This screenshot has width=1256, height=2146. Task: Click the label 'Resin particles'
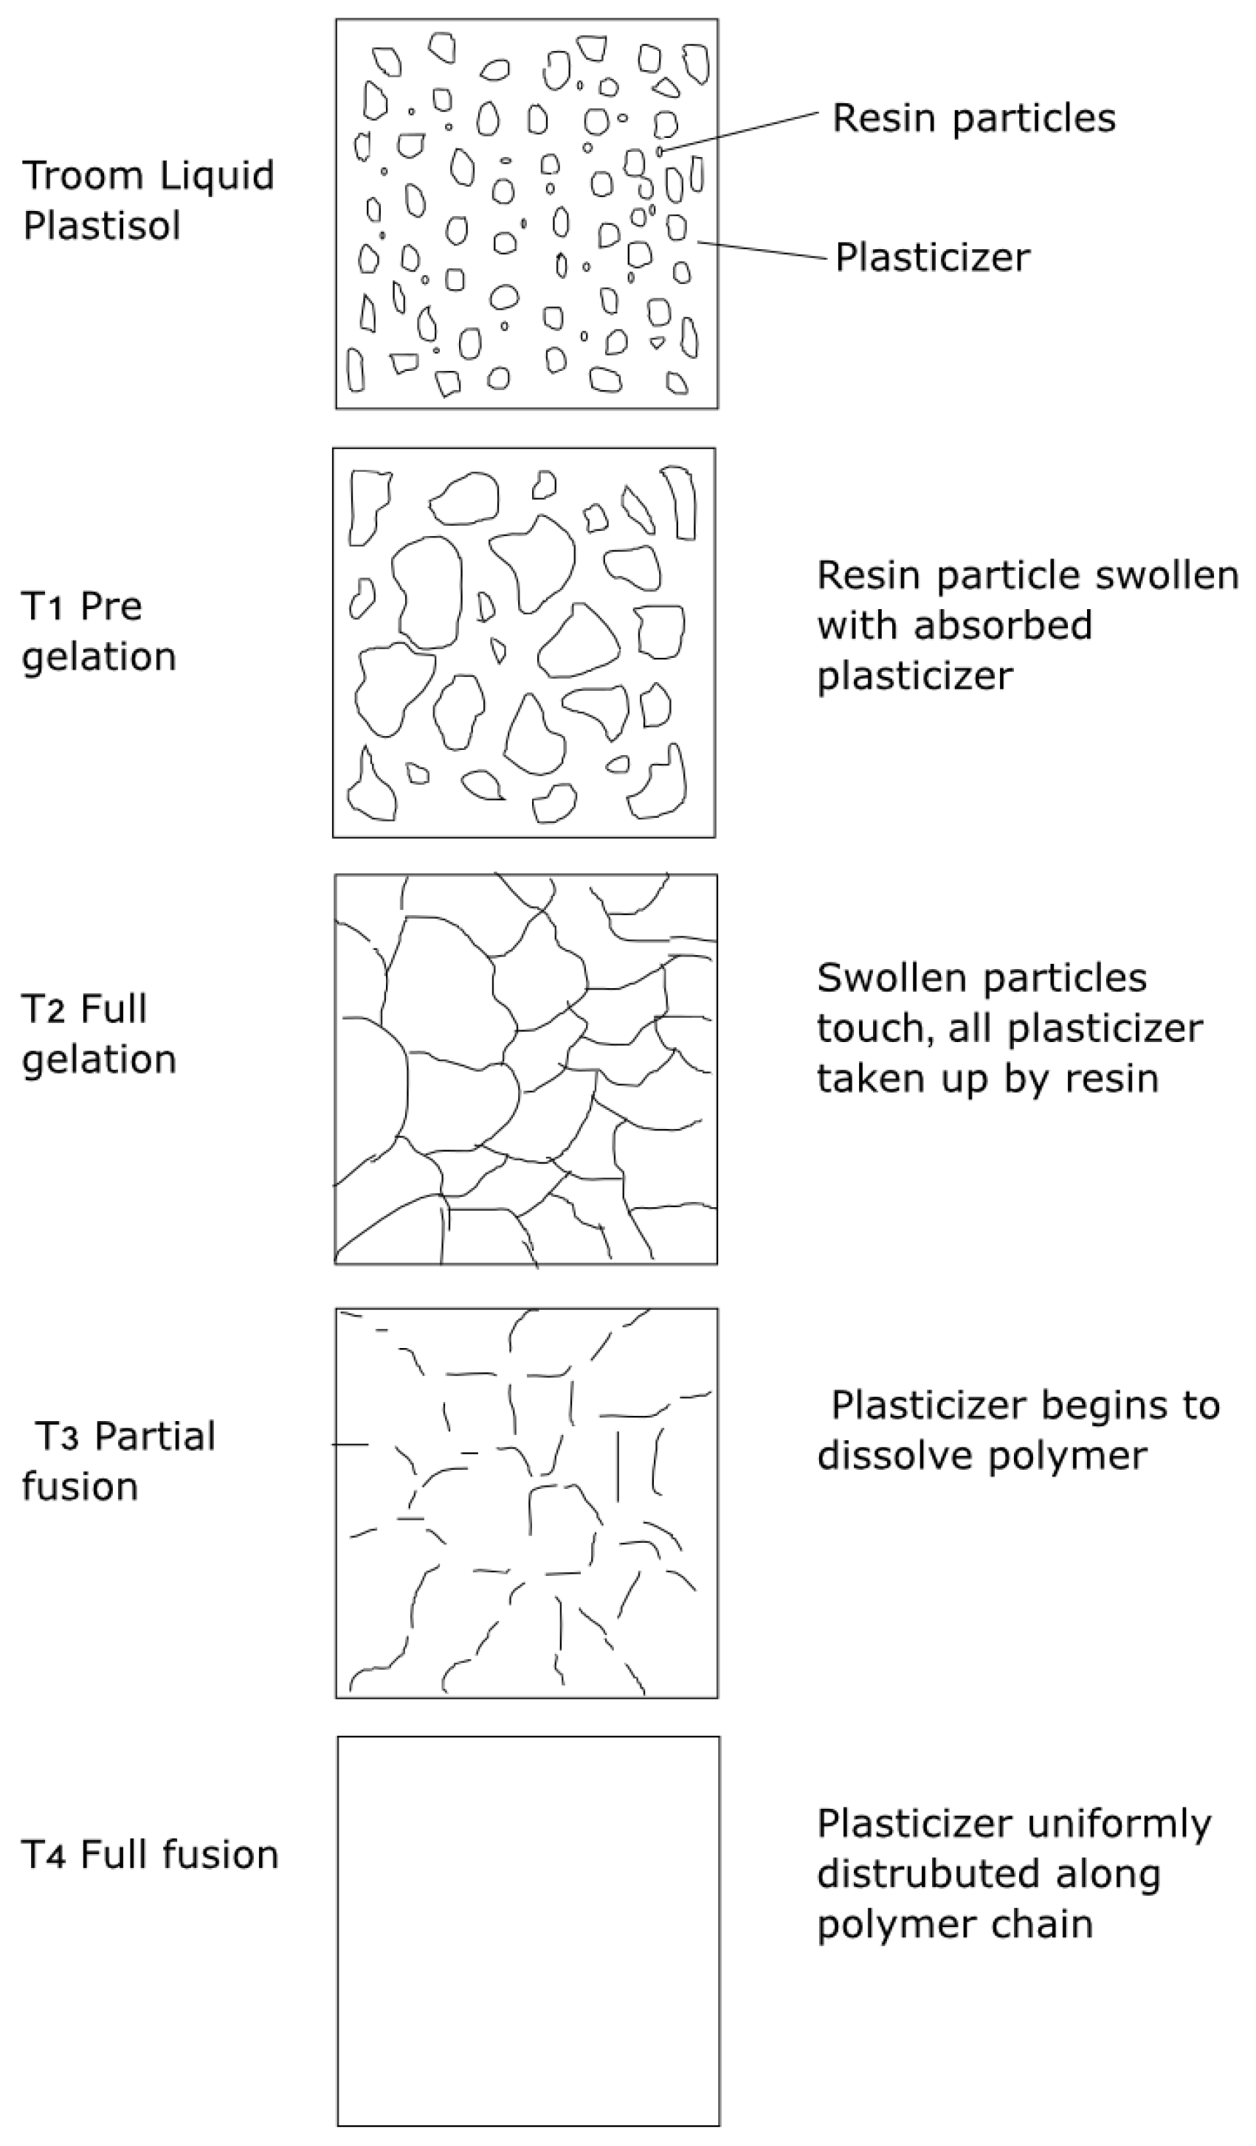(x=973, y=119)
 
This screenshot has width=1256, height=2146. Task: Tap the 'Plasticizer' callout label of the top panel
(x=932, y=257)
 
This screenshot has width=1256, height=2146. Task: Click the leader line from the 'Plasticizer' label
(x=762, y=251)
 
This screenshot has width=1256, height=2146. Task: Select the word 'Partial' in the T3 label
(x=154, y=1437)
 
